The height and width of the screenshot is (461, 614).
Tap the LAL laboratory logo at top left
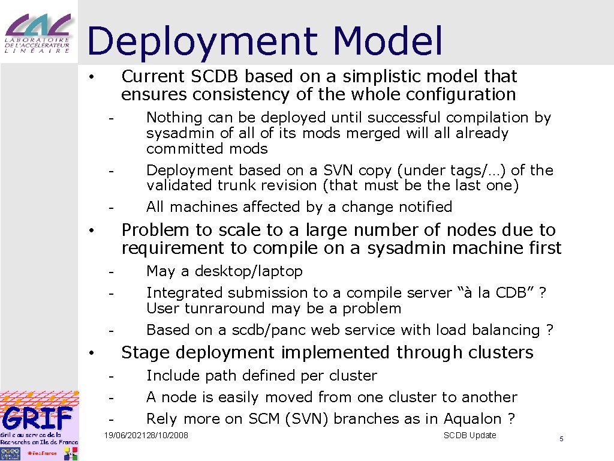[38, 34]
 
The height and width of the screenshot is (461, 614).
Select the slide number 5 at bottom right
[561, 439]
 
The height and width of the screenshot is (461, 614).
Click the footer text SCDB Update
[469, 435]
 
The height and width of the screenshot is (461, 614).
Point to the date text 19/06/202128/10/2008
[146, 435]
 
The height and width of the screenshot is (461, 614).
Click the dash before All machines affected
[111, 208]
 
